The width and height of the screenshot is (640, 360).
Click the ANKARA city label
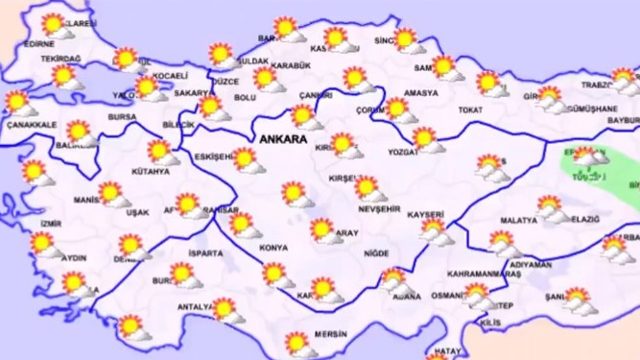283,139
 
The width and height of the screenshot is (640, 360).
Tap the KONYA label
273,248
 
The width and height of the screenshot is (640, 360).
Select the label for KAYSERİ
425,214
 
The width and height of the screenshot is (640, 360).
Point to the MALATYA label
518,220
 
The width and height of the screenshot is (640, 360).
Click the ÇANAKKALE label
32,125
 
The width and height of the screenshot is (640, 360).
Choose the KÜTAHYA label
150,172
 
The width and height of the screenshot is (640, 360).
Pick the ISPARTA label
206,254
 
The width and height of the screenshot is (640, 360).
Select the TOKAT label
470,110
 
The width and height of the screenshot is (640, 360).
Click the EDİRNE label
38,44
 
